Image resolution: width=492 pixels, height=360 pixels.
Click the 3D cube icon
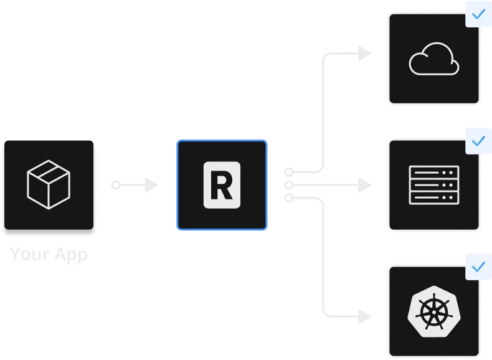[49, 185]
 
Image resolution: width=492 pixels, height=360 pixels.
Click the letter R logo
[222, 185]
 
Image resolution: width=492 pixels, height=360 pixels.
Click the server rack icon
[433, 185]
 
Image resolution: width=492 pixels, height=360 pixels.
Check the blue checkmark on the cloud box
[478, 14]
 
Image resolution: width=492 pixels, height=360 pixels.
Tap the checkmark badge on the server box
[478, 141]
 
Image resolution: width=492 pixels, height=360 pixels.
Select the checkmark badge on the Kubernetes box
[478, 267]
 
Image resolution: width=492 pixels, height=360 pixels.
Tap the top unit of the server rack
[433, 173]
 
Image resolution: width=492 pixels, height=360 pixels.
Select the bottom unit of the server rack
[433, 197]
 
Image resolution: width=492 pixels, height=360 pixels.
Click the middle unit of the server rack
[433, 185]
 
